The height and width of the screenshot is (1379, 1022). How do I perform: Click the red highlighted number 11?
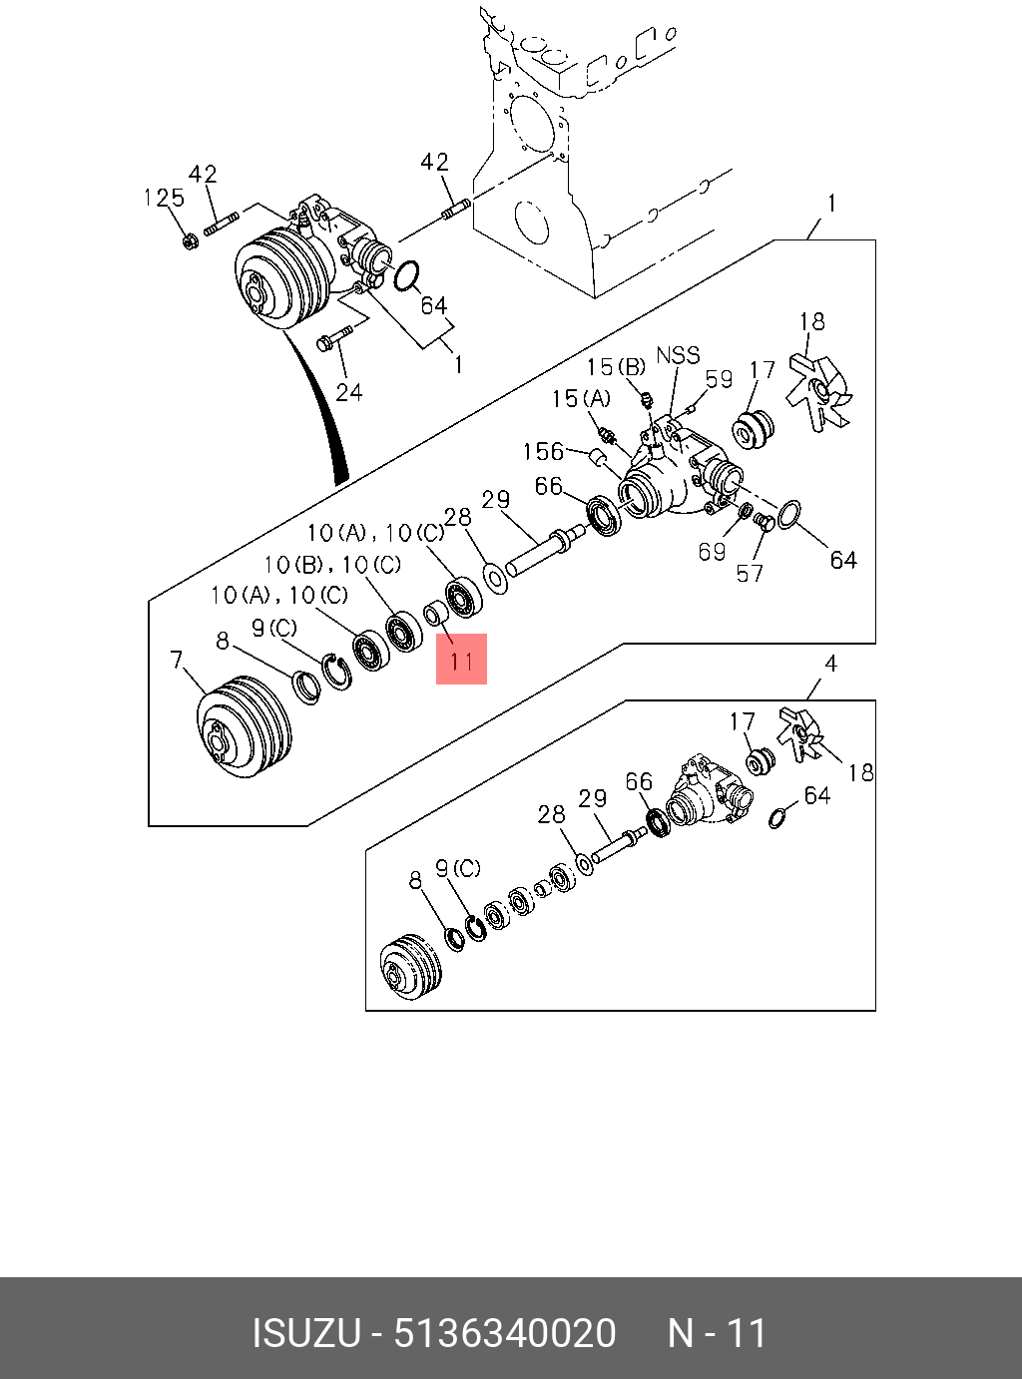pos(461,660)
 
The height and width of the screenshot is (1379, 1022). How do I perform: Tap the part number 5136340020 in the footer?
pos(505,1333)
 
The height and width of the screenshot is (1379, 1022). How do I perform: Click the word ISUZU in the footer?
pos(304,1333)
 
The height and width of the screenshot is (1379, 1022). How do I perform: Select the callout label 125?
pos(164,198)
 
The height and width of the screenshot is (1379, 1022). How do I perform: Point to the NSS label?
pos(678,355)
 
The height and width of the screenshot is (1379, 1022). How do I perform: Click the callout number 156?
pos(543,451)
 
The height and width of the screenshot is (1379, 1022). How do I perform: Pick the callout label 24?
pos(348,391)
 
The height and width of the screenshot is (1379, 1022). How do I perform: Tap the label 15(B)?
pos(616,367)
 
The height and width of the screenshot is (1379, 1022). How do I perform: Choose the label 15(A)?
pos(580,399)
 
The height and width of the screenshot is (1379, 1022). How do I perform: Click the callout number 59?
pos(719,378)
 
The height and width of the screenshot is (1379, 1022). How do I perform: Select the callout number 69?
pos(712,551)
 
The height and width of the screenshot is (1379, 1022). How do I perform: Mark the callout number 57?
pos(750,573)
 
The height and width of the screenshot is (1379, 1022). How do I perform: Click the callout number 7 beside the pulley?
pos(177,660)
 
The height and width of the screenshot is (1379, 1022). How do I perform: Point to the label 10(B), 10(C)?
pos(332,565)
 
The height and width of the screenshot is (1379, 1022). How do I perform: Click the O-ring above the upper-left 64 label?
pos(406,277)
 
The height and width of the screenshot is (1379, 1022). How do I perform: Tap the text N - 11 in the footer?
pos(717,1333)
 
